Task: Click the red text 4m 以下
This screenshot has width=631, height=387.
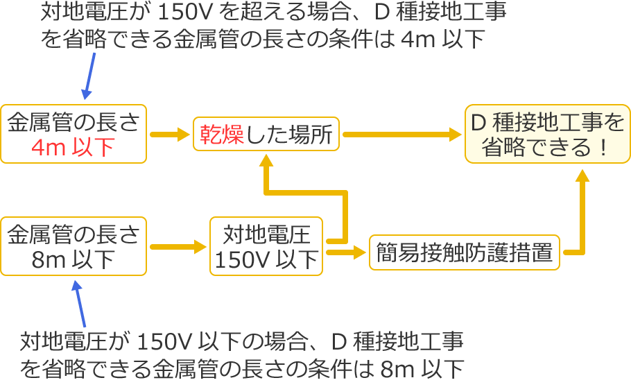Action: click(x=73, y=147)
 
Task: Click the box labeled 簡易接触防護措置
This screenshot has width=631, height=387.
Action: click(x=465, y=253)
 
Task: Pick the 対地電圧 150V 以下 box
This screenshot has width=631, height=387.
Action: click(x=266, y=246)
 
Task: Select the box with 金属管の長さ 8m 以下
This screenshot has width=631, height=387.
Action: click(x=74, y=246)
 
